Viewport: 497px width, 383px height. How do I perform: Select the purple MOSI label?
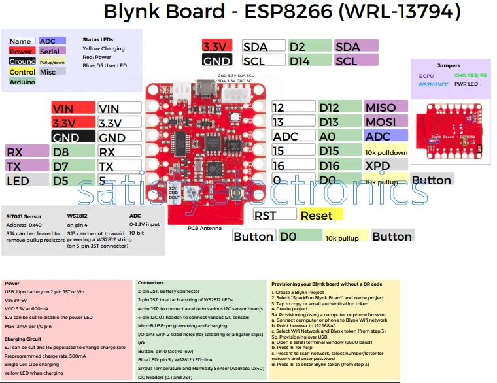coord(386,122)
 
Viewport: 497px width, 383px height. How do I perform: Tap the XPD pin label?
coord(379,166)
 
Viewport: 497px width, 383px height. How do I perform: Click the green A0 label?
coord(339,137)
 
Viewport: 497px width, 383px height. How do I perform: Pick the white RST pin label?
coord(274,215)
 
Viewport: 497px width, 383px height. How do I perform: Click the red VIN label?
coord(73,108)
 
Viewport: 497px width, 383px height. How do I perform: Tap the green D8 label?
coord(73,152)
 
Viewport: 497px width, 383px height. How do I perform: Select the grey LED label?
coord(26,180)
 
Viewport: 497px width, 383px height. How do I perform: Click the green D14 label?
coord(309,61)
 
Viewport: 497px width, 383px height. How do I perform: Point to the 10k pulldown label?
coord(386,152)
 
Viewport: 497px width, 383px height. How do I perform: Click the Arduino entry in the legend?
coord(22,82)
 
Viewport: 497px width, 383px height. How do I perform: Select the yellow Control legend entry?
coord(22,72)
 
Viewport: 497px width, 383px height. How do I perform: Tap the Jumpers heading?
coord(449,66)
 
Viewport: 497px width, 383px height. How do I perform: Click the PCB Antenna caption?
coord(204,229)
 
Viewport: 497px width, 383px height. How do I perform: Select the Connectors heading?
coord(151,283)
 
